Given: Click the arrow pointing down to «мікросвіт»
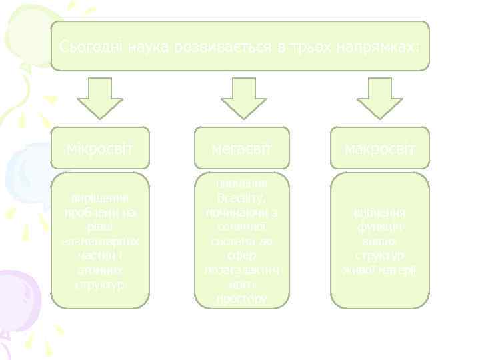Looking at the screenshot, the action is point(100,97).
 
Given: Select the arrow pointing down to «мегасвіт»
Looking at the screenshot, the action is point(243,97).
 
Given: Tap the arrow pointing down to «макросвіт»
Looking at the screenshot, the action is point(380,97).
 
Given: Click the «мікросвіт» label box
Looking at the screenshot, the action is point(100,147).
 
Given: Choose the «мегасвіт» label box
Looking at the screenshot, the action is point(242,147).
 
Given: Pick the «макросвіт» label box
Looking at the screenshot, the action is point(380,147).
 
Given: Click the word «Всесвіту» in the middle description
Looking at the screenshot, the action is point(241,198).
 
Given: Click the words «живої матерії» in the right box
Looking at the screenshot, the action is point(380,271).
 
